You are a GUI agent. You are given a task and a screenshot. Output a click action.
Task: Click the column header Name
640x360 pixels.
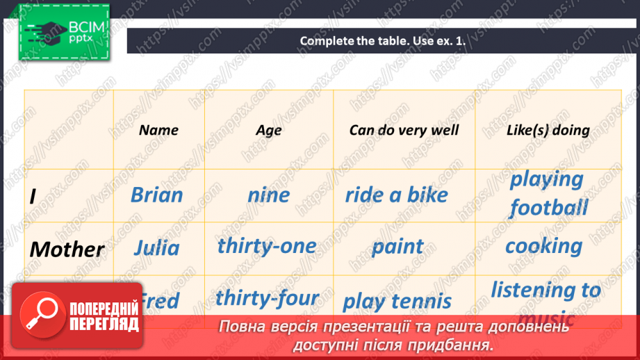pyautogui.click(x=158, y=130)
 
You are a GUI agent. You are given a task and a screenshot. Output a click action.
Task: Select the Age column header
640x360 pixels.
pyautogui.click(x=268, y=130)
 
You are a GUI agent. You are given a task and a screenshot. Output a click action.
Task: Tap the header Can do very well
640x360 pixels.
pyautogui.click(x=404, y=130)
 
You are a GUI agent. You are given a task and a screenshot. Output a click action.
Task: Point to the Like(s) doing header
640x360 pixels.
pyautogui.click(x=548, y=130)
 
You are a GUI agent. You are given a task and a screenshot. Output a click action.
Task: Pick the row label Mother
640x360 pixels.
pyautogui.click(x=68, y=249)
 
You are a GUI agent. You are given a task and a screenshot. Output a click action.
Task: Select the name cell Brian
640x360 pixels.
pyautogui.click(x=156, y=195)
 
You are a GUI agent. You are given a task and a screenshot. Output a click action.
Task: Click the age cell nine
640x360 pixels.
pyautogui.click(x=268, y=195)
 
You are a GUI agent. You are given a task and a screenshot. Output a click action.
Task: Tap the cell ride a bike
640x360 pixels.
pyautogui.click(x=397, y=195)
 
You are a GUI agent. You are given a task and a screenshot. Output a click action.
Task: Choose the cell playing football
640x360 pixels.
pyautogui.click(x=548, y=193)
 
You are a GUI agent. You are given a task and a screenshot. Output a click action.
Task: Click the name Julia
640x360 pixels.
pyautogui.click(x=156, y=247)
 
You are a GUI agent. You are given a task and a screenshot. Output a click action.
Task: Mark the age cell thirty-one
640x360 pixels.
pyautogui.click(x=267, y=245)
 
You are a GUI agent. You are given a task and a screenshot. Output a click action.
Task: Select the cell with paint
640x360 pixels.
pyautogui.click(x=397, y=246)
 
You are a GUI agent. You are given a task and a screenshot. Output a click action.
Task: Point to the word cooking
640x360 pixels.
pyautogui.click(x=543, y=246)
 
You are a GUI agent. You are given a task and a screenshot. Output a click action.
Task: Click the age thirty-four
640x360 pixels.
pyautogui.click(x=267, y=298)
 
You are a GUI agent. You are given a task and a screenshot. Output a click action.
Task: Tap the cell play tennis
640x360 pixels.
pyautogui.click(x=397, y=301)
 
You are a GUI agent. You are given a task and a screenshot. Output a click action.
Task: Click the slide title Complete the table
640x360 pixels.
pyautogui.click(x=382, y=41)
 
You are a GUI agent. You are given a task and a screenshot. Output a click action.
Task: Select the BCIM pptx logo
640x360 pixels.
pyautogui.click(x=63, y=32)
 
